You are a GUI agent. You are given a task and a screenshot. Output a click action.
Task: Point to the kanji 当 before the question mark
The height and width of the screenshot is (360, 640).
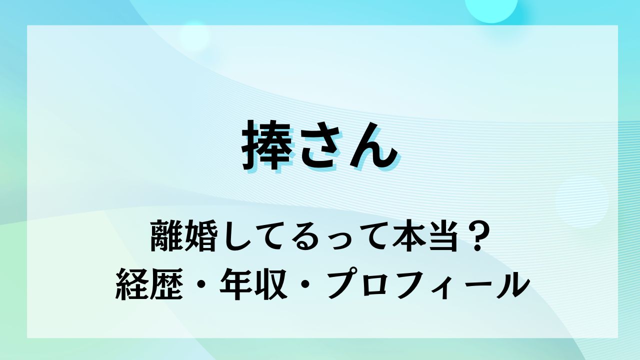pos(437,237)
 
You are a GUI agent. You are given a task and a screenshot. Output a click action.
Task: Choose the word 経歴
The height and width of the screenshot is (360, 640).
pos(149,285)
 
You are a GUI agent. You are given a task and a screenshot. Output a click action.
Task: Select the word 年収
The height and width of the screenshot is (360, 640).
pos(253,285)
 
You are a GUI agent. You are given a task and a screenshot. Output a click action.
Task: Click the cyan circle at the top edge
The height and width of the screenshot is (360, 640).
pos(491,7)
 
